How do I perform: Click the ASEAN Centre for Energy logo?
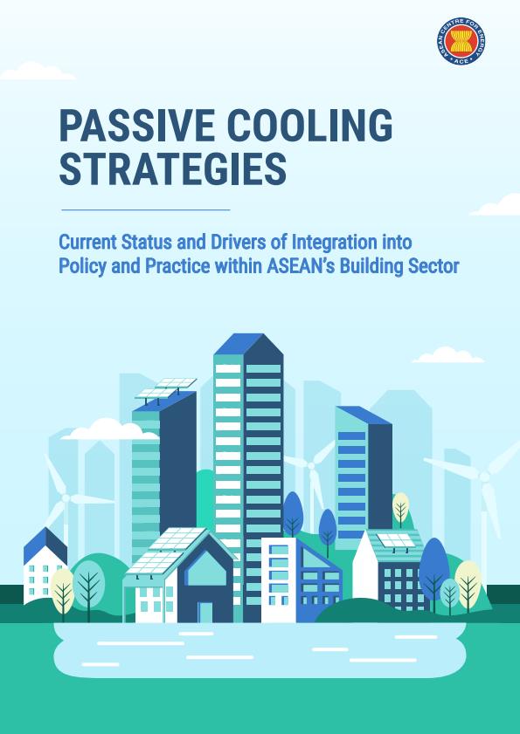coord(461,41)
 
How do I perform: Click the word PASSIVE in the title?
coord(137,126)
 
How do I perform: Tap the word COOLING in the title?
coord(310,126)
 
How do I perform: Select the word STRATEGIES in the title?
coord(172,168)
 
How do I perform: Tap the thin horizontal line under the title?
coord(146,209)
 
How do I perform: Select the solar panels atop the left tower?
coord(165,388)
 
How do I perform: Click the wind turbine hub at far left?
coord(66,498)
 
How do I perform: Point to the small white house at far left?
coord(45,566)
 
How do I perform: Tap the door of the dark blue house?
coord(205,612)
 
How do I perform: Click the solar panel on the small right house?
coord(396,541)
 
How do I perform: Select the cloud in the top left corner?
coord(38,72)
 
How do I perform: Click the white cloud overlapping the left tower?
coord(110,429)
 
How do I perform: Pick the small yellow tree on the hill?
coord(401,509)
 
